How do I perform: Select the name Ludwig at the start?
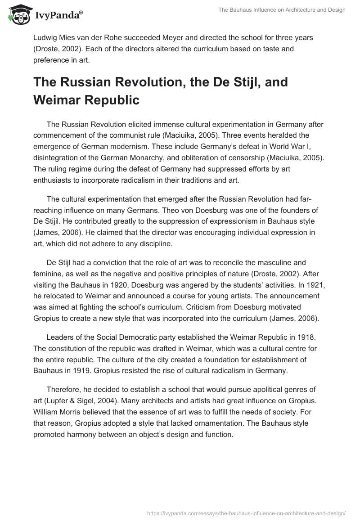point(45,37)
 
